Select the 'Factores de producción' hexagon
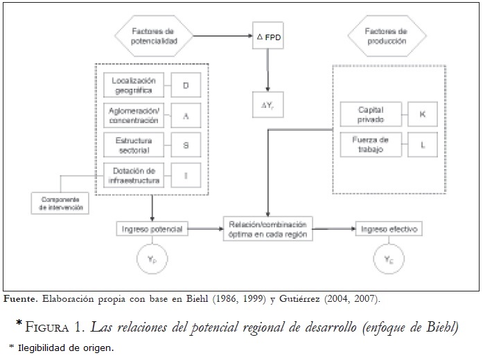387,37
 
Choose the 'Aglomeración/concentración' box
134,116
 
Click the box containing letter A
186,116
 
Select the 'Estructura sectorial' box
134,145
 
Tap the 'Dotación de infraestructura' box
134,175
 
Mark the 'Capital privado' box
371,114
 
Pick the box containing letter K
423,114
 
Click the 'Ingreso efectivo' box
388,228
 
